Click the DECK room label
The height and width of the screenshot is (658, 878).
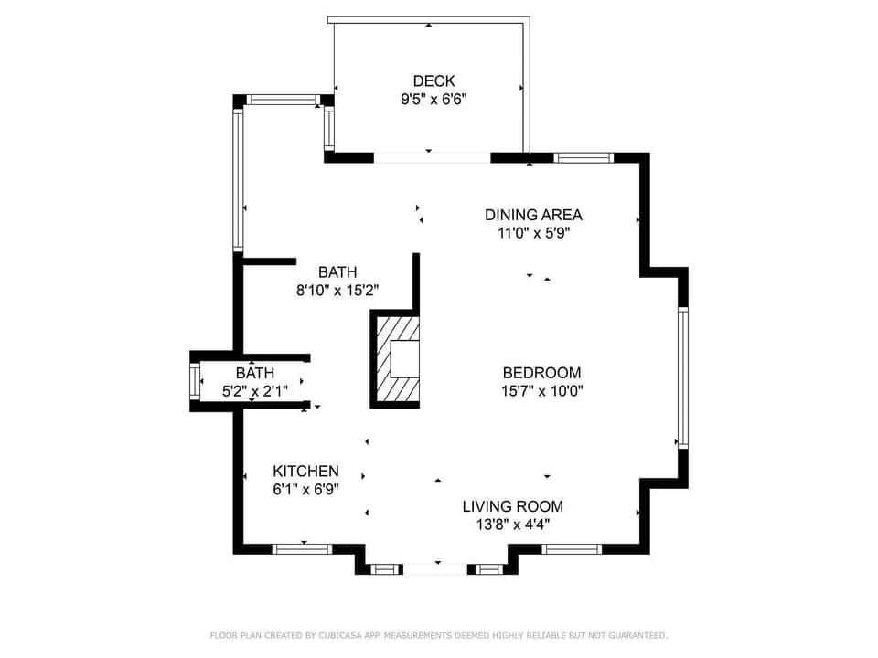coord(434,81)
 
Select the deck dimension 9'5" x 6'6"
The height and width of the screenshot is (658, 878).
coord(434,100)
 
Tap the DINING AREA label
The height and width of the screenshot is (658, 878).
coord(533,215)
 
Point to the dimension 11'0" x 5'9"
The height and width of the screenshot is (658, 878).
coord(533,233)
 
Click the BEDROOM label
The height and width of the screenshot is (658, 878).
coord(541,373)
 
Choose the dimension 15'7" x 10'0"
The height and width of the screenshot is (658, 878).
coord(541,391)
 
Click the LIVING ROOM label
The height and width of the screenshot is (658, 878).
coord(512,506)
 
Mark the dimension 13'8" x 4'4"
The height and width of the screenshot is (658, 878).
coord(512,525)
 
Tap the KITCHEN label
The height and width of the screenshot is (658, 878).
coord(305,472)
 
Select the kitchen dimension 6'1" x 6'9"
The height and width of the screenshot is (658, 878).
coord(305,490)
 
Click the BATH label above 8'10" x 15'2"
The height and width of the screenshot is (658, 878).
coord(337,272)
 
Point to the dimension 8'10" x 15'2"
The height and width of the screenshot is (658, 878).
coord(337,291)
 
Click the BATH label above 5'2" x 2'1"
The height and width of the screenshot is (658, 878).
coord(254,373)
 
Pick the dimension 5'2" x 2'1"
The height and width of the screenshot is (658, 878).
coord(254,391)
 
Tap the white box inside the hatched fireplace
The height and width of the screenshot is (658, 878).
coord(404,359)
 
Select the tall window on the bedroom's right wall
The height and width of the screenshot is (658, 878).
coord(682,377)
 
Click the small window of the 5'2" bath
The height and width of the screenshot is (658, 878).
coord(194,381)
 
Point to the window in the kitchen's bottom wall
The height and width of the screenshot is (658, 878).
coord(302,548)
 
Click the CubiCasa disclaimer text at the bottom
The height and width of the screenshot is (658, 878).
coord(439,635)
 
